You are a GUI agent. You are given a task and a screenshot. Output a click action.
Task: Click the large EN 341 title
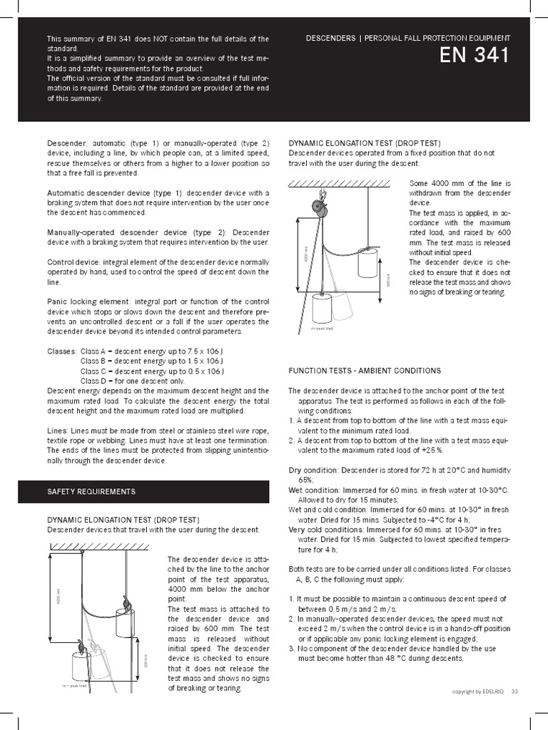tap(476, 56)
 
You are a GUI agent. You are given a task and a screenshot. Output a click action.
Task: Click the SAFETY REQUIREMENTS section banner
tap(91, 492)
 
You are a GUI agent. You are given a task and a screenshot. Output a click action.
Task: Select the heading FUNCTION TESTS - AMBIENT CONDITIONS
tap(365, 371)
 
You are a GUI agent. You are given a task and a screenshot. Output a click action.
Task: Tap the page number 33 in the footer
tap(514, 692)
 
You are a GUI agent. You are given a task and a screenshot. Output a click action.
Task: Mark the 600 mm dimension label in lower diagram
tap(144, 661)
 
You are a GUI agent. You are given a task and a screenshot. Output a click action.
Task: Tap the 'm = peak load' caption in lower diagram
tap(75, 686)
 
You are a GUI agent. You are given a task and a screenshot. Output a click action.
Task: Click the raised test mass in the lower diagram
tap(126, 622)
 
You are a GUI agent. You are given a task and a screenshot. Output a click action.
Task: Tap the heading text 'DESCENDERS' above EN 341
tap(330, 38)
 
